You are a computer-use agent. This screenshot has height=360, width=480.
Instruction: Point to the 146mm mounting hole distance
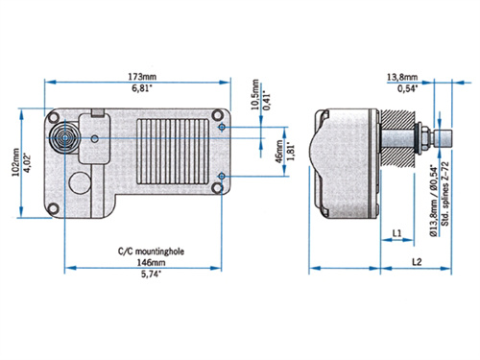click(137, 260)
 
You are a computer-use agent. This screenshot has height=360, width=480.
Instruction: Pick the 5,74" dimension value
click(137, 274)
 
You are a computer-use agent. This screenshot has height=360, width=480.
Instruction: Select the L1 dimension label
click(397, 233)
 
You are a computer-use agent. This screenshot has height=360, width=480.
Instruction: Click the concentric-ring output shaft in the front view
click(64, 138)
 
